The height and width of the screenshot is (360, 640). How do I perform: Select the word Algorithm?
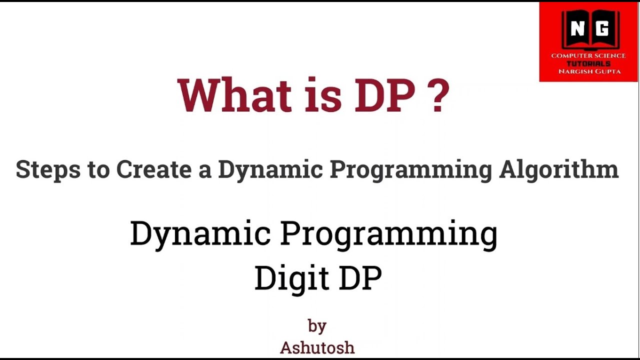(558, 170)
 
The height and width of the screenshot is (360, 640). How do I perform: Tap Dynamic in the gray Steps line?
(270, 170)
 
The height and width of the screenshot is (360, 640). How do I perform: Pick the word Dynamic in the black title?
(201, 234)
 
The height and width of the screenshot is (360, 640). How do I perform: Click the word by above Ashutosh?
(317, 326)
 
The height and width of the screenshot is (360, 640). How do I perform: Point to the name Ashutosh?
(317, 347)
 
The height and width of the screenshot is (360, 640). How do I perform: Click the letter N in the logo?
(577, 30)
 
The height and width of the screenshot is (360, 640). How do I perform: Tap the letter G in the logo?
(602, 30)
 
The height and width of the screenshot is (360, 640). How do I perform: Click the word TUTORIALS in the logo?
(588, 63)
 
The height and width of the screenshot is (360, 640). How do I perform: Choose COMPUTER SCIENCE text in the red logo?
(588, 55)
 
